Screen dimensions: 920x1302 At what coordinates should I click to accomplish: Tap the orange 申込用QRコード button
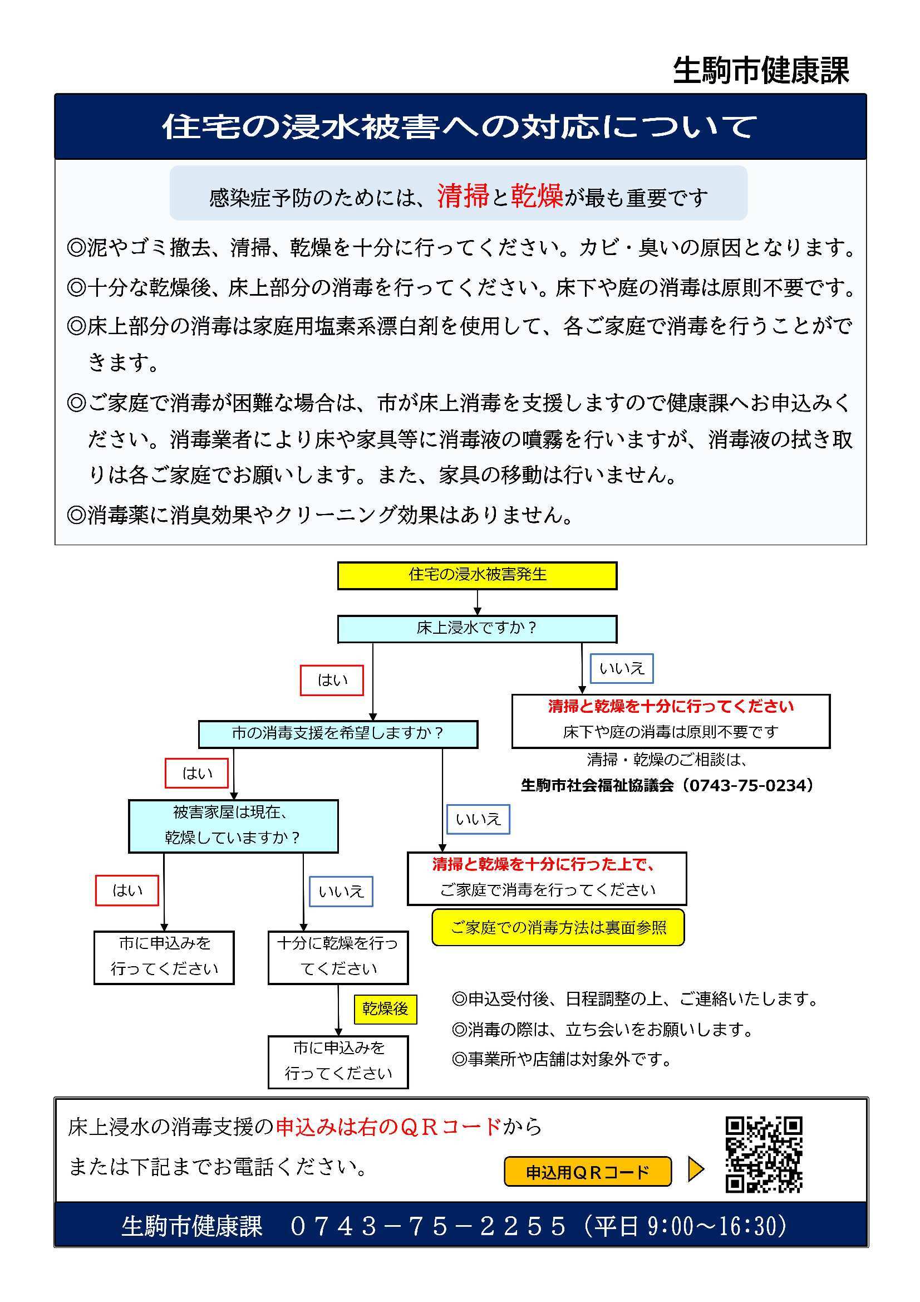pyautogui.click(x=587, y=1172)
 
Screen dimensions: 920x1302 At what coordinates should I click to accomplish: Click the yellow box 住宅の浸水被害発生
pyautogui.click(x=478, y=576)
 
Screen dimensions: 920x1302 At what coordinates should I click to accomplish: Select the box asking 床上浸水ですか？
pyautogui.click(x=478, y=628)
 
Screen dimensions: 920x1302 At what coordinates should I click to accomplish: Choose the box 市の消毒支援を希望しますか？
pyautogui.click(x=338, y=734)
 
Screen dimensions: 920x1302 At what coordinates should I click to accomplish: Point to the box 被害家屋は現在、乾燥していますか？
pyautogui.click(x=234, y=826)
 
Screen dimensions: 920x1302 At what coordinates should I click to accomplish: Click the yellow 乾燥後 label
pyautogui.click(x=386, y=1010)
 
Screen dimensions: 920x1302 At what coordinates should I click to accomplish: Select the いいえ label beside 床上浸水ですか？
pyautogui.click(x=622, y=668)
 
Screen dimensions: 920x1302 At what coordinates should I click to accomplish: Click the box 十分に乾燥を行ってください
pyautogui.click(x=338, y=957)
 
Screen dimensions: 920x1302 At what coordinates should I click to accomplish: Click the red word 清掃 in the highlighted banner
pyautogui.click(x=463, y=195)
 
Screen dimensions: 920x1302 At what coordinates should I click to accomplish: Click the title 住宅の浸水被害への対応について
pyautogui.click(x=460, y=126)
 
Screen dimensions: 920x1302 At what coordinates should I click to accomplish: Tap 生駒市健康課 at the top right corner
pyautogui.click(x=761, y=71)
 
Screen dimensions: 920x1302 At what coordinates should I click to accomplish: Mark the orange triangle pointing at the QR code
pyautogui.click(x=696, y=1170)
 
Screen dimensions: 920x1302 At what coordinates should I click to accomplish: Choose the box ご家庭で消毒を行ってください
pyautogui.click(x=547, y=878)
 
